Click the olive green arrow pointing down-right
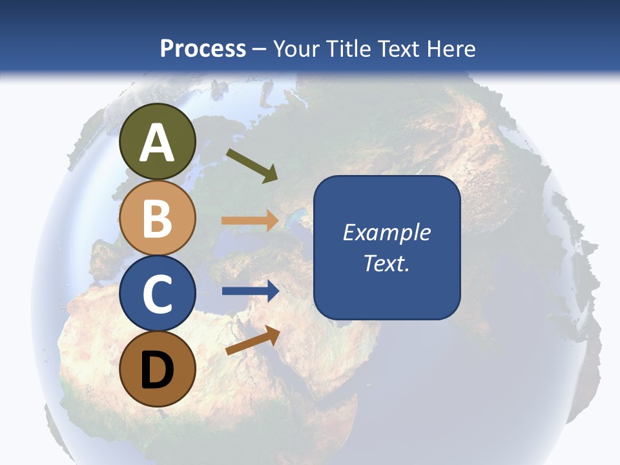click(251, 165)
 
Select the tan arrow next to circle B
click(250, 221)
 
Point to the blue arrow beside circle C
click(250, 291)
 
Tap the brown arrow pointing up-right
click(253, 340)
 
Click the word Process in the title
click(203, 48)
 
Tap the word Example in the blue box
click(386, 232)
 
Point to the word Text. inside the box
click(386, 263)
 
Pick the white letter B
click(157, 218)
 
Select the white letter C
click(157, 293)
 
